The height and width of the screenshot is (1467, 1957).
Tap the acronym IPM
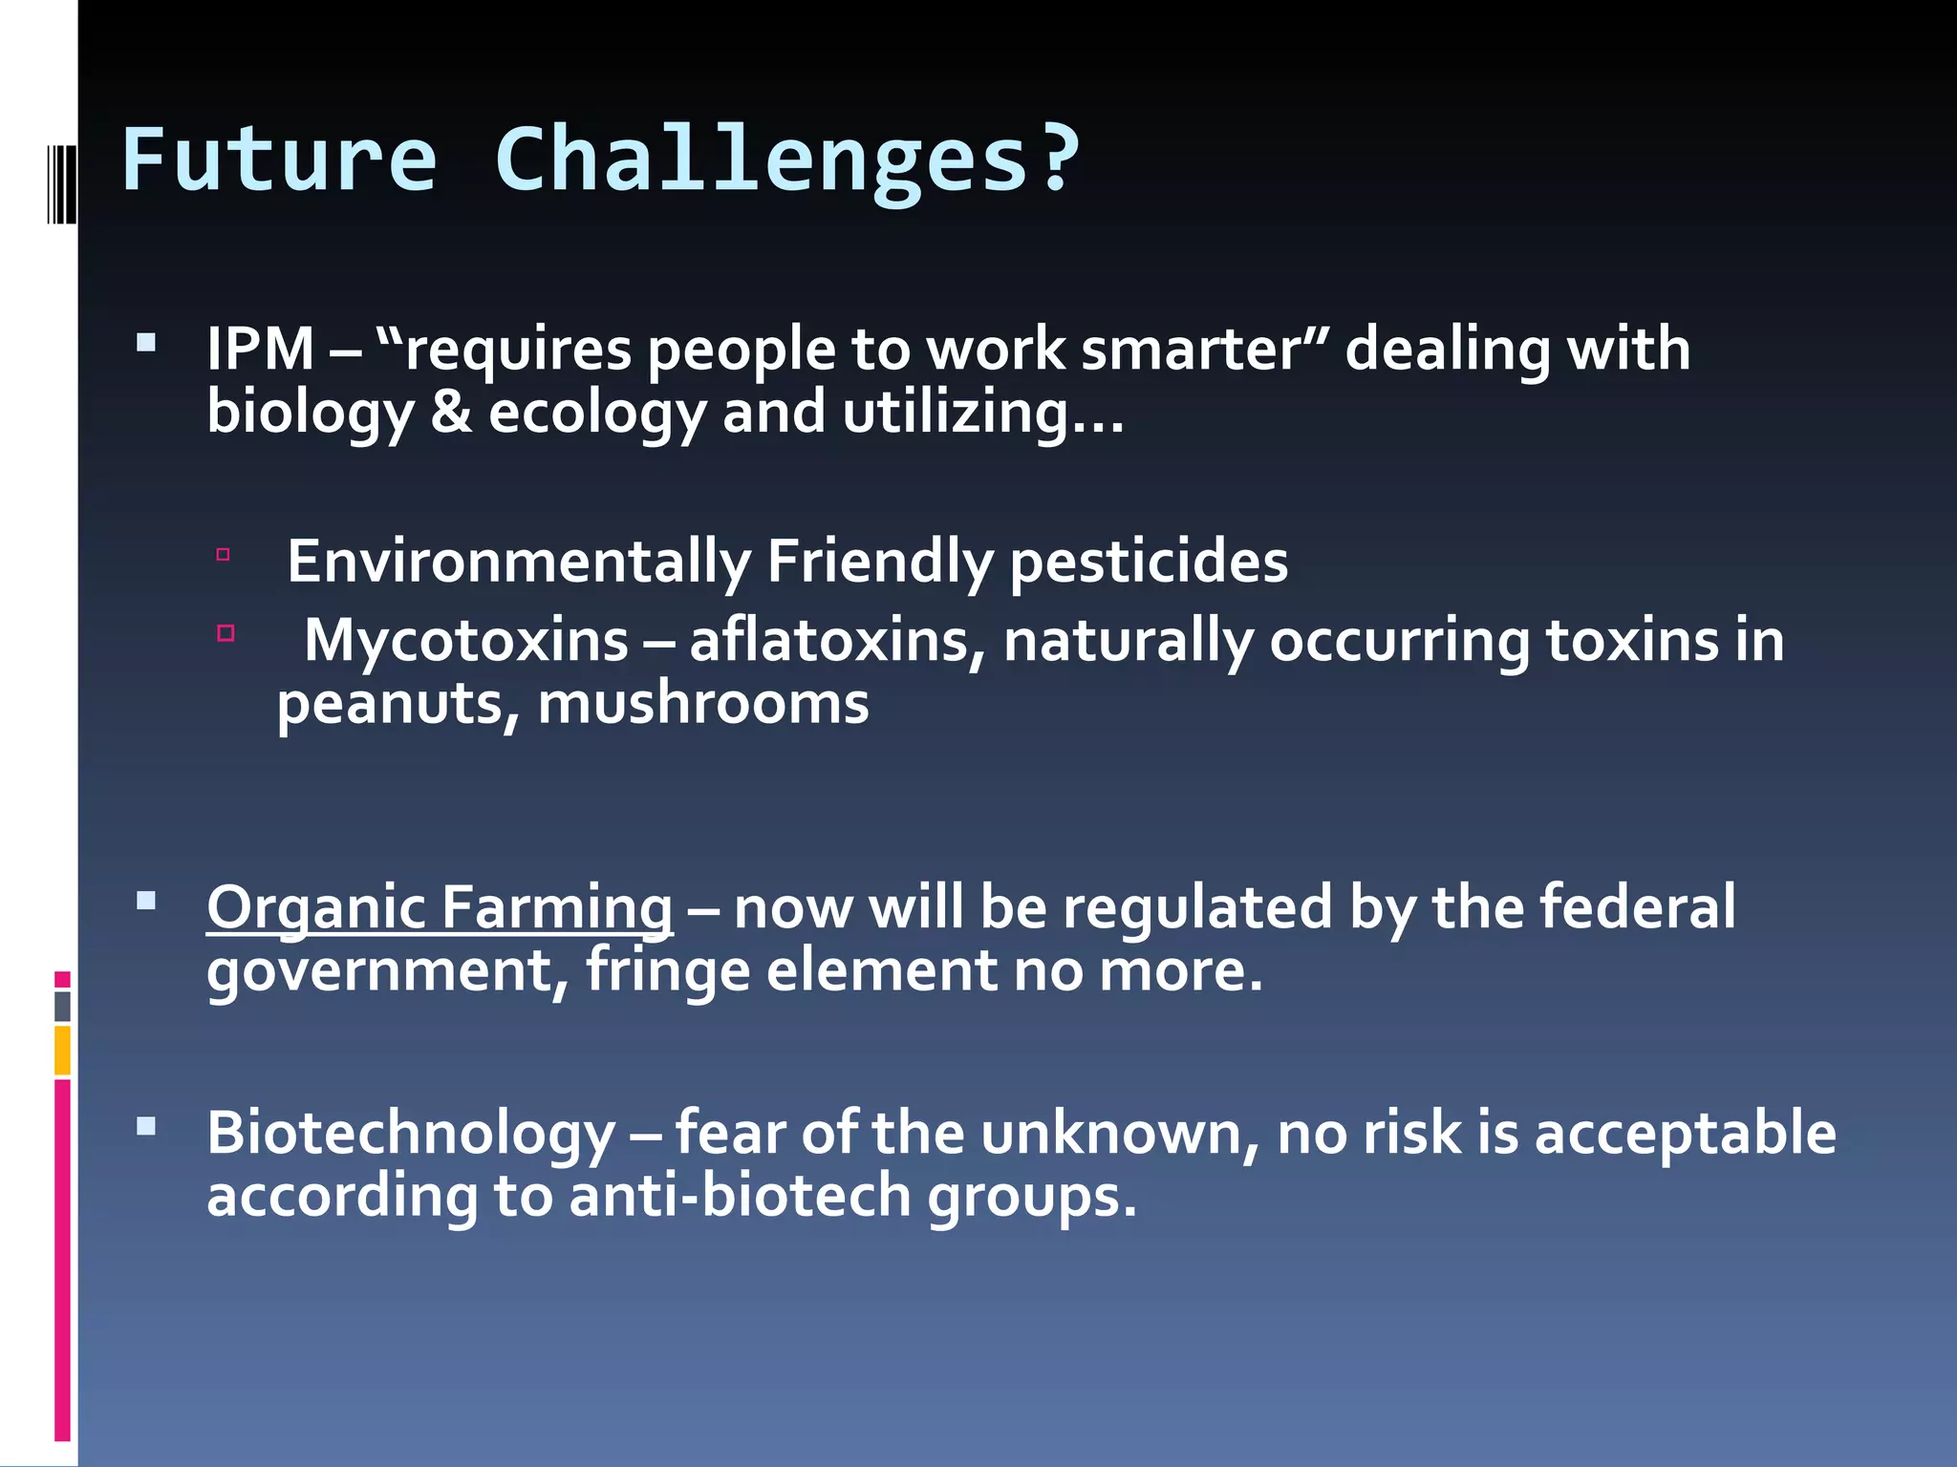click(260, 350)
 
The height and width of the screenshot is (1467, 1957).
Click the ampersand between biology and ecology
click(451, 413)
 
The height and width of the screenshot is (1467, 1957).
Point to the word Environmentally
click(519, 562)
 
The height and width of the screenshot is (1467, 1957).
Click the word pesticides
click(1149, 562)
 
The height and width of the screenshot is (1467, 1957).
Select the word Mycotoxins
click(465, 640)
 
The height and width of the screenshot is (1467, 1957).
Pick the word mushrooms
click(703, 705)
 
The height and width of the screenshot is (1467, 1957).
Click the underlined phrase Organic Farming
click(440, 907)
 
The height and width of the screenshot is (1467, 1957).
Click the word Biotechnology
click(411, 1133)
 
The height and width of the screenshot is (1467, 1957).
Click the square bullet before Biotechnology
click(146, 1127)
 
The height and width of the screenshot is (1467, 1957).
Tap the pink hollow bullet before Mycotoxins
click(226, 633)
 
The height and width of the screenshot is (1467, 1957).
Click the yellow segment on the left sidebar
click(62, 1050)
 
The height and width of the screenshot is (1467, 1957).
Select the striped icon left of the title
click(60, 181)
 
